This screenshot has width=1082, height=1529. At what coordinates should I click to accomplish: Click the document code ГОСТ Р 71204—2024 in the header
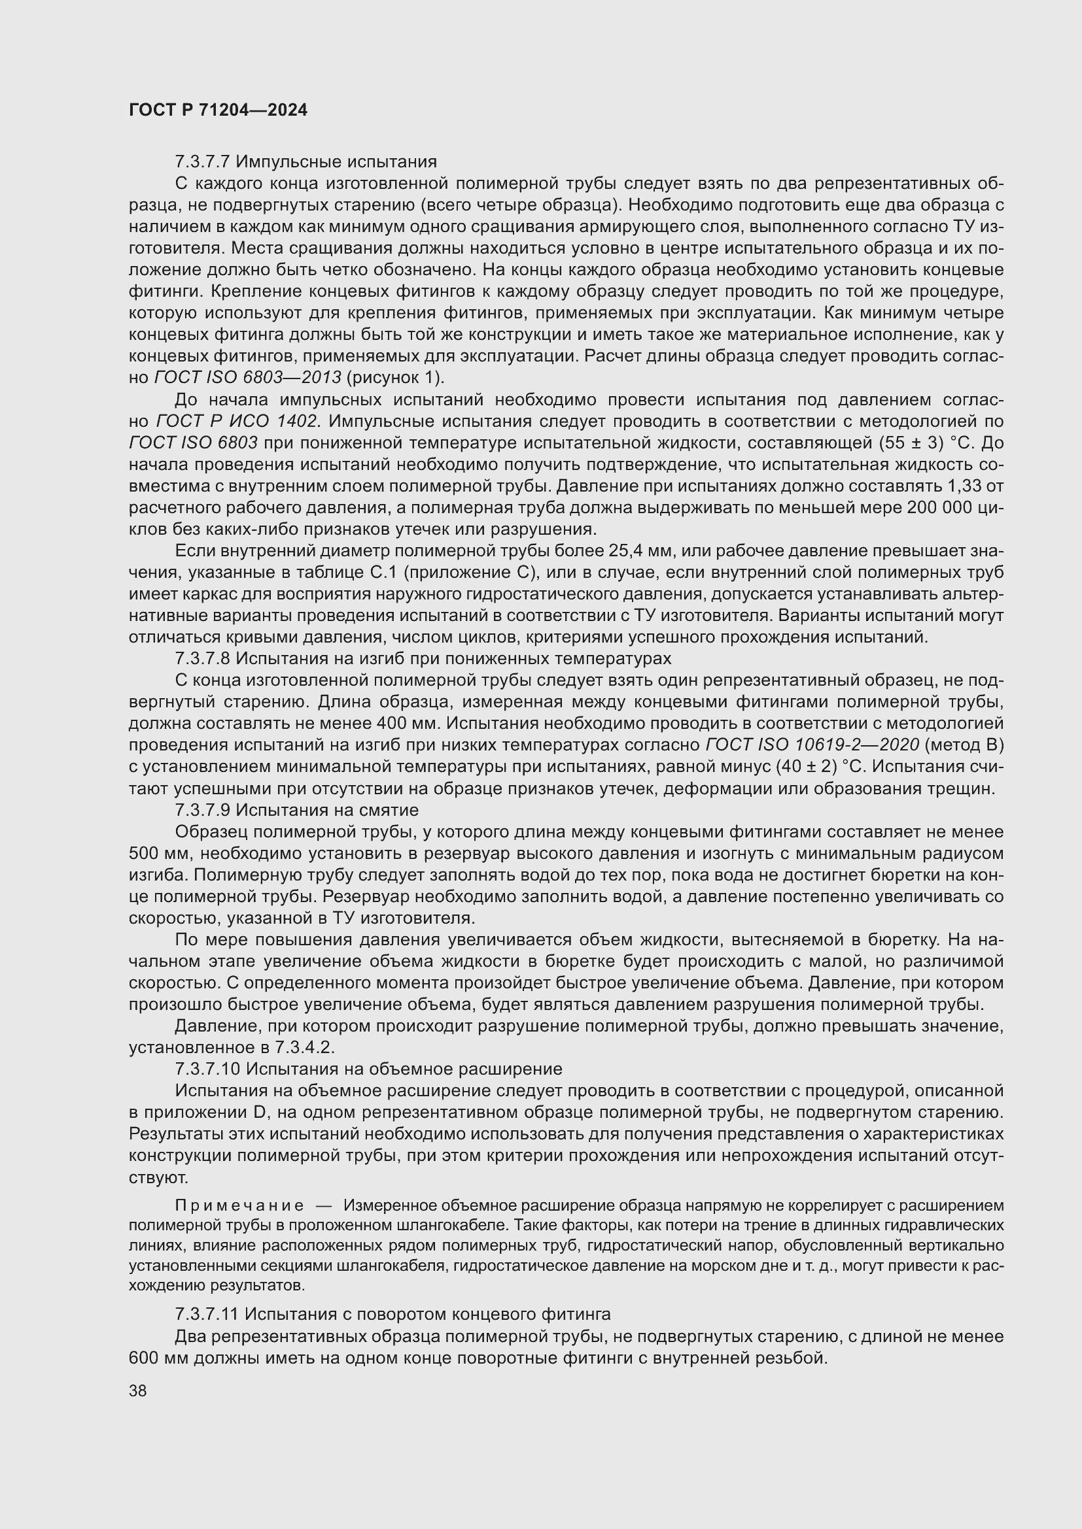(218, 110)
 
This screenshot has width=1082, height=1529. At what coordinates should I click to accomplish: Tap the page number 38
(138, 1390)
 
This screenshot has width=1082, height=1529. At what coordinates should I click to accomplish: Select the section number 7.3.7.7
(203, 162)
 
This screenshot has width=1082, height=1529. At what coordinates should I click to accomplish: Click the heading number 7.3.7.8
(203, 659)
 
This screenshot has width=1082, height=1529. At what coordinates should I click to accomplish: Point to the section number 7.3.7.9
(203, 810)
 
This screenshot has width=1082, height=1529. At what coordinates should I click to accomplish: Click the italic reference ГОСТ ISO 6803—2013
(248, 378)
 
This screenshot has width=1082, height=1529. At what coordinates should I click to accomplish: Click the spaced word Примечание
(239, 1206)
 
